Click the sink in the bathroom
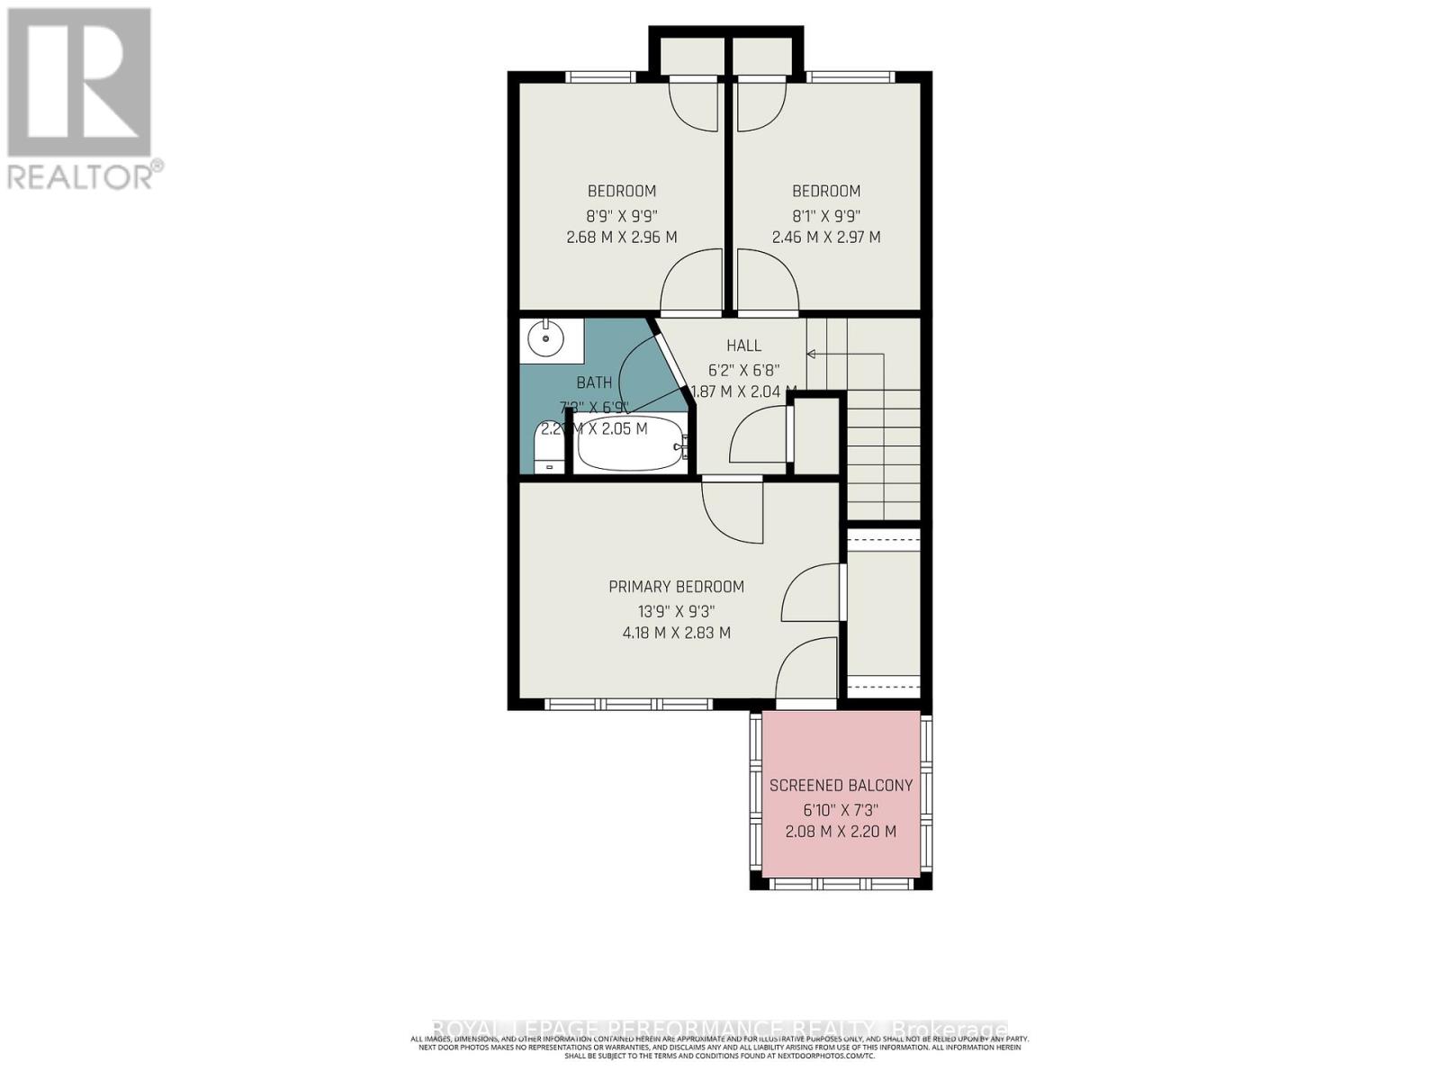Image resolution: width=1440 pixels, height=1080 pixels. coord(545,340)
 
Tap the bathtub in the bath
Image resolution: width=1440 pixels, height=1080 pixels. coord(630,445)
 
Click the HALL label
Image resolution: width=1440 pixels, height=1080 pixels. coord(743,346)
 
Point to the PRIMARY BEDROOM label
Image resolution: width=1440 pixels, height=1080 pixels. coord(676,587)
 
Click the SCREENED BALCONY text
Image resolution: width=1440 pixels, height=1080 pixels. coord(841,785)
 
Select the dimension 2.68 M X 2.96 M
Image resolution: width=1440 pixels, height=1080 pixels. coord(621,238)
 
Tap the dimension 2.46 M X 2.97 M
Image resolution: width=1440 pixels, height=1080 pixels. coord(825,238)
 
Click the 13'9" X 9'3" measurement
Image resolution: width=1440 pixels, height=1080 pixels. coord(676,610)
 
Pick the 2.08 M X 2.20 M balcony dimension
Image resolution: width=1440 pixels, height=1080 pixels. coord(841,832)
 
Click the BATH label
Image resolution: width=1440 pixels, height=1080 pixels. coord(594,382)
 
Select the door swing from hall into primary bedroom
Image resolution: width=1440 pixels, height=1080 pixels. coord(733,510)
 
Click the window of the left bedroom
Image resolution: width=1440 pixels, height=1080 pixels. coord(600,77)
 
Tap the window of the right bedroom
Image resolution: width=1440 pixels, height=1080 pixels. coord(850,77)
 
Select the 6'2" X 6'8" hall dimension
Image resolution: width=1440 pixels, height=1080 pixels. coord(743,370)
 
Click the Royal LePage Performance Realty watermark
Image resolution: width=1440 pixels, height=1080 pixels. coord(720,1029)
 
